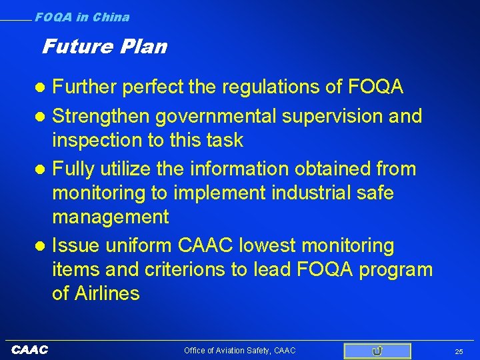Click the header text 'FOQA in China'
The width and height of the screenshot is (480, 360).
(x=82, y=17)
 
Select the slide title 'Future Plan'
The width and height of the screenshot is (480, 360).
(x=104, y=47)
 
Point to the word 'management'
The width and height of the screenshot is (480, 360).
(x=111, y=217)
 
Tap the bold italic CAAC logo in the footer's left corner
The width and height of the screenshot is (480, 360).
(x=30, y=350)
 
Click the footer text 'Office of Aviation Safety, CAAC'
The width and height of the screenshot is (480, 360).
(x=239, y=351)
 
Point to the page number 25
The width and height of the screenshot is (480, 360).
(x=458, y=351)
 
